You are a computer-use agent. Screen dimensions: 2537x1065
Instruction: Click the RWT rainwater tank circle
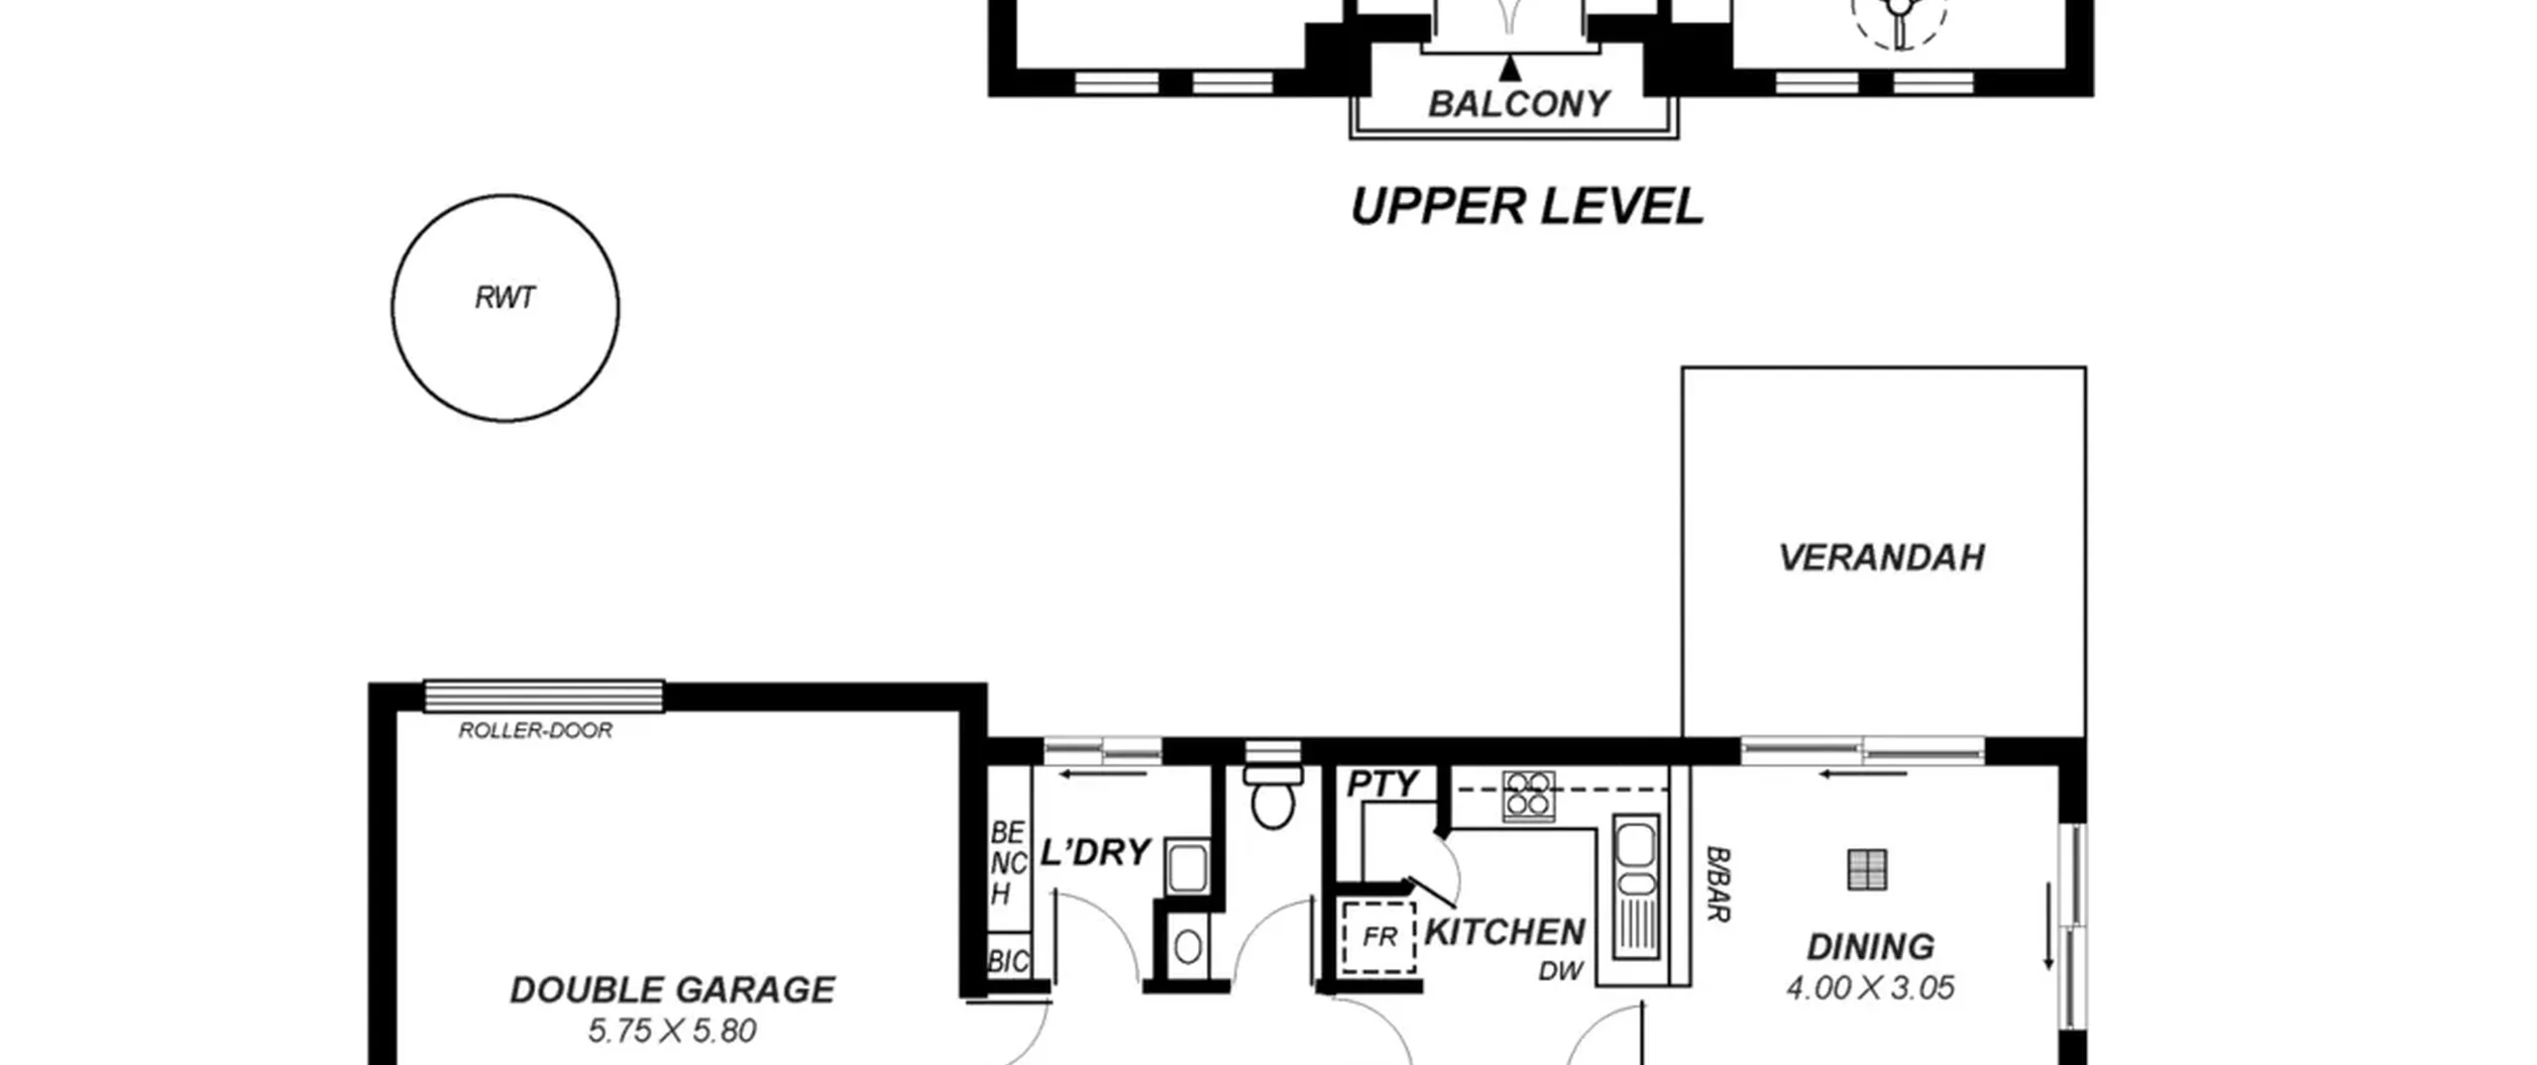pos(392,308)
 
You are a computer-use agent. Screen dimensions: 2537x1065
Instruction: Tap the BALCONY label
pos(1518,104)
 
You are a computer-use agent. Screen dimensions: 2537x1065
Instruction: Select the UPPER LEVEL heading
pos(1527,206)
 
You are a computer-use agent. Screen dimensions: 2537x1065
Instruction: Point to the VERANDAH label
pos(1882,558)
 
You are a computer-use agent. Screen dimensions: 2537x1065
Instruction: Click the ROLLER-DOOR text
pos(535,730)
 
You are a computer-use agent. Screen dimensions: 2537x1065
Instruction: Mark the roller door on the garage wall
pos(544,695)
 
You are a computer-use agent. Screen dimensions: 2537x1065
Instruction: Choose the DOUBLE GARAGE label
pos(673,990)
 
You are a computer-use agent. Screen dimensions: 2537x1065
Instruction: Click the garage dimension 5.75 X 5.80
pos(672,1031)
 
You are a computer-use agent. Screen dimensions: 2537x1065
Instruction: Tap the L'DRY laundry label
pos(1095,852)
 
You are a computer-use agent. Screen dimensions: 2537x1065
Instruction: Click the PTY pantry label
pos(1382,784)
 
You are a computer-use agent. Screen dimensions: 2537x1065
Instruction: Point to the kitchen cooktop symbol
pos(1528,797)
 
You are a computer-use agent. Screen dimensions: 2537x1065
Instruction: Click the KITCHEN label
pos(1504,932)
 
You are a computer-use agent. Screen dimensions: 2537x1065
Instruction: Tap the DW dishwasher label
pos(1561,972)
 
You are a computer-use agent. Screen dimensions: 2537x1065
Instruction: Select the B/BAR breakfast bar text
pos(1717,884)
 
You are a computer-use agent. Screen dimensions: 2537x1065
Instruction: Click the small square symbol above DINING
pos(1867,870)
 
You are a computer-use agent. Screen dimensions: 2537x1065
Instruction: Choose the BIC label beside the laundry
pos(1009,961)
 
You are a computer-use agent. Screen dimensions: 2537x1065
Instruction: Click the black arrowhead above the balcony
pos(1509,67)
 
